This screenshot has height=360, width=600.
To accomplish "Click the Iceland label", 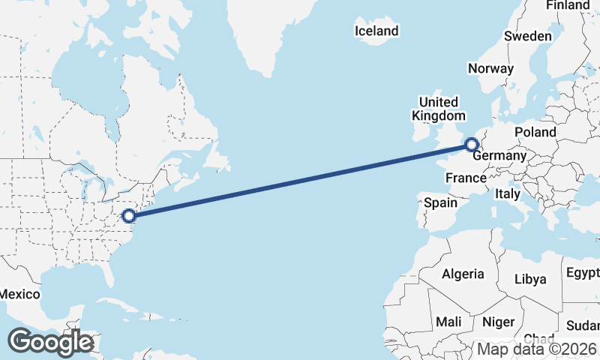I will tap(376, 31).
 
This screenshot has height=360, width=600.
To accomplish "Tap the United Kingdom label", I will tap(438, 109).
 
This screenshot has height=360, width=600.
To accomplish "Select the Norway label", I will tap(490, 68).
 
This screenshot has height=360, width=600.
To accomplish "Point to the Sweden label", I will tap(528, 36).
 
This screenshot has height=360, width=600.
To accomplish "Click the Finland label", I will tap(568, 5).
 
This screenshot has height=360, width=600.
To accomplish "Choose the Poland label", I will tap(535, 132).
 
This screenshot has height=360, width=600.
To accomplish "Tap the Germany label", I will tap(500, 155).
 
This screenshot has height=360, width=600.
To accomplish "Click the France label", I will tap(466, 178).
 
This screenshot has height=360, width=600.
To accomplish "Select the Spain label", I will tap(440, 202).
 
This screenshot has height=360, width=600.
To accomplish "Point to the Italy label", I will tap(508, 193).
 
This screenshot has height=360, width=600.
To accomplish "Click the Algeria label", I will tap(463, 274).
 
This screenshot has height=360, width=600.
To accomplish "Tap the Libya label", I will tap(530, 279).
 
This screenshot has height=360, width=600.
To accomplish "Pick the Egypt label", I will tap(583, 271).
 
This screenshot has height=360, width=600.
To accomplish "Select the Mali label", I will tap(448, 321).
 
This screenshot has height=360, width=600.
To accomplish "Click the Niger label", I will tap(498, 322).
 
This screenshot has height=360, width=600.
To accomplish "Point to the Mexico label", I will tap(19, 294).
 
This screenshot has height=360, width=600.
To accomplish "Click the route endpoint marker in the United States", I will tap(129, 216).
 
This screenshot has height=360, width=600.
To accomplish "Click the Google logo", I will tap(50, 342).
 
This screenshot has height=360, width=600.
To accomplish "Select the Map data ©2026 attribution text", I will tap(538, 349).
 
